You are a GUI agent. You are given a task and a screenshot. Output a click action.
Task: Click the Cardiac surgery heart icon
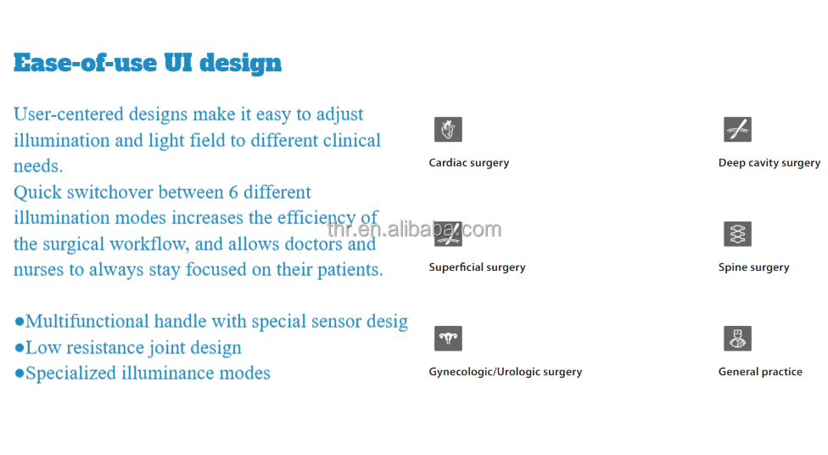tap(448, 130)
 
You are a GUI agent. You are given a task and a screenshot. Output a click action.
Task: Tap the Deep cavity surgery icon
tap(737, 130)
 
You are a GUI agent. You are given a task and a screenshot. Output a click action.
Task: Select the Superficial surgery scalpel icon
tap(448, 234)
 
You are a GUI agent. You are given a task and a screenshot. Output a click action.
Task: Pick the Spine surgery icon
tap(737, 234)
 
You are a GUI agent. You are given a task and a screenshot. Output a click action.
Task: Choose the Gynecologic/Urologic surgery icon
tap(448, 339)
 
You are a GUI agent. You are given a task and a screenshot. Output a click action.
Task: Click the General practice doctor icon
tap(737, 339)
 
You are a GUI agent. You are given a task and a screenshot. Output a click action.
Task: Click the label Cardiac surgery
tap(469, 163)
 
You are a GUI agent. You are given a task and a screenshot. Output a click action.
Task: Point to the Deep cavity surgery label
tap(769, 163)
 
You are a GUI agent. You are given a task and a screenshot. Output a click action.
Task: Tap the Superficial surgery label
tap(477, 268)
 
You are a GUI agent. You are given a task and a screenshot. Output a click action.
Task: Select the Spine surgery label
tap(753, 268)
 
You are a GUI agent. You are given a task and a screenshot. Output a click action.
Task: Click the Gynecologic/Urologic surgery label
tap(506, 372)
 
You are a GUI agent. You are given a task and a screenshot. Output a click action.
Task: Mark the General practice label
tap(760, 372)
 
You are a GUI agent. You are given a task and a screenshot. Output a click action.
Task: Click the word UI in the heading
tap(178, 63)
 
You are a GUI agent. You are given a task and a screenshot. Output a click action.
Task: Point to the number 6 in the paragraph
tap(233, 192)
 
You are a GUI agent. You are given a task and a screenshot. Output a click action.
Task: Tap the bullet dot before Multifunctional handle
tap(20, 321)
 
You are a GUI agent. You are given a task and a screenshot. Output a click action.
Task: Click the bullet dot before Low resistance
tap(20, 348)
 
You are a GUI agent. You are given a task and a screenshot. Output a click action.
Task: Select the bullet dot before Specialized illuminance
tap(20, 374)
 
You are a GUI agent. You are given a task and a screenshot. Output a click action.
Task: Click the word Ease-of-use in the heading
tap(86, 63)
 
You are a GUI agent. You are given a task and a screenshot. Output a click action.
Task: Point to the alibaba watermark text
tap(414, 229)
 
